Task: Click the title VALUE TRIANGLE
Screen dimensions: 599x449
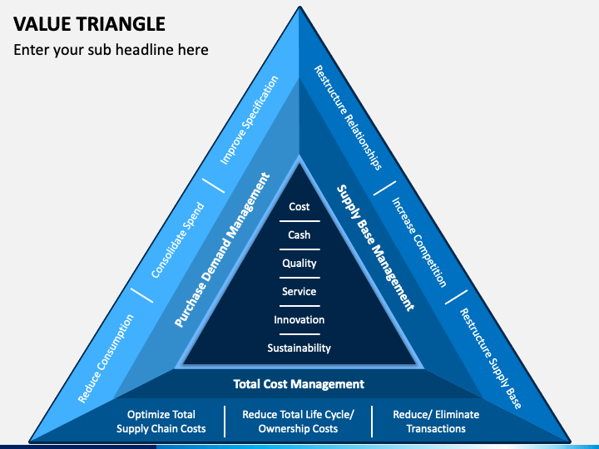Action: pyautogui.click(x=89, y=24)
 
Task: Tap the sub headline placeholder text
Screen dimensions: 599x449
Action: pyautogui.click(x=111, y=50)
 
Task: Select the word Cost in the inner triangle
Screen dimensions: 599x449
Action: pyautogui.click(x=299, y=206)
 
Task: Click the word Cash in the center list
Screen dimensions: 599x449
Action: pyautogui.click(x=299, y=234)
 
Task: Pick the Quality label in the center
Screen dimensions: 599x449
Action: pyautogui.click(x=299, y=264)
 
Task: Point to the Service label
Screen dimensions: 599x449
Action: pyautogui.click(x=299, y=291)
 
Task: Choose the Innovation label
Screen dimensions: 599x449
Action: pyautogui.click(x=299, y=319)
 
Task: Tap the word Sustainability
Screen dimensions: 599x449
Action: pyautogui.click(x=299, y=348)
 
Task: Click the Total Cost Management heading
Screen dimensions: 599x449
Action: pyautogui.click(x=299, y=383)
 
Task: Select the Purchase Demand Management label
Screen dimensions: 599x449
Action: pyautogui.click(x=222, y=250)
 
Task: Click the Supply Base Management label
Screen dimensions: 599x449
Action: pyautogui.click(x=375, y=248)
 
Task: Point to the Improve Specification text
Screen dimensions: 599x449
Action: pyautogui.click(x=249, y=121)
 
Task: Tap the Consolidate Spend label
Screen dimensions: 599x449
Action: pyautogui.click(x=178, y=240)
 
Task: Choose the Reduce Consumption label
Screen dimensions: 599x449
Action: pyautogui.click(x=106, y=359)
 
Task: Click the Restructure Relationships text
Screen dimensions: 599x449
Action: pyautogui.click(x=348, y=117)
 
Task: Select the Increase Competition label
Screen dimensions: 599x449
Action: pyautogui.click(x=419, y=243)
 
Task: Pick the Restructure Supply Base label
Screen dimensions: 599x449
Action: pyautogui.click(x=491, y=358)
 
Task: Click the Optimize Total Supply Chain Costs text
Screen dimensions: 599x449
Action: pyautogui.click(x=161, y=422)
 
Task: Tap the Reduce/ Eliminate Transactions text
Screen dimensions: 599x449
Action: pyautogui.click(x=436, y=422)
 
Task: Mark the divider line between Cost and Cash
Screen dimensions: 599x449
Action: pyautogui.click(x=299, y=221)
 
